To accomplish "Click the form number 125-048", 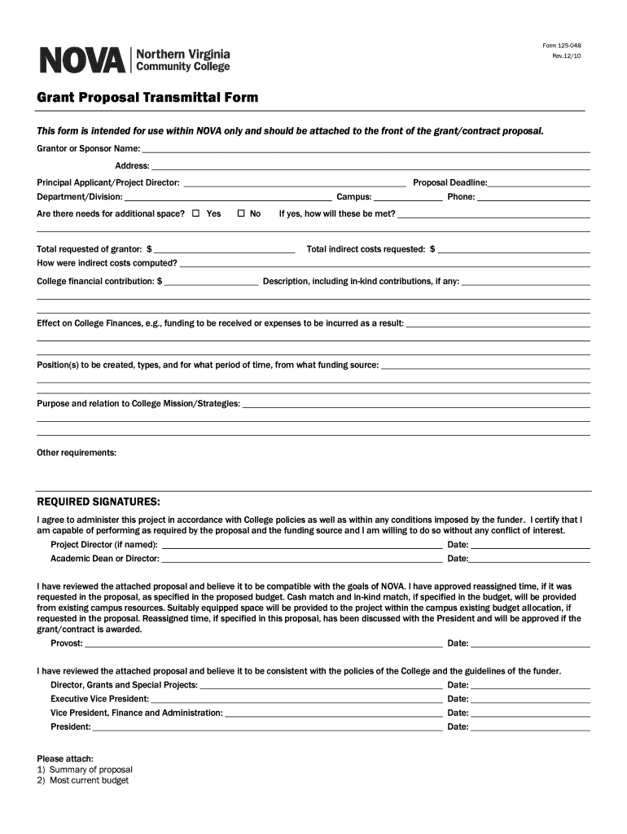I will click(x=567, y=45).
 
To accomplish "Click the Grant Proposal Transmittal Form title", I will click(x=147, y=98).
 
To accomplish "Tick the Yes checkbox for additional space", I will click(x=195, y=213).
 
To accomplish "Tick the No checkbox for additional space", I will click(x=241, y=213).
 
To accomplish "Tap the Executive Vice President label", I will click(x=99, y=699).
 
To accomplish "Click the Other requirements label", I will click(x=77, y=452).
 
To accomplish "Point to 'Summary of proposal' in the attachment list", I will click(x=90, y=770).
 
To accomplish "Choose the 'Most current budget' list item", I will click(x=89, y=780).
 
